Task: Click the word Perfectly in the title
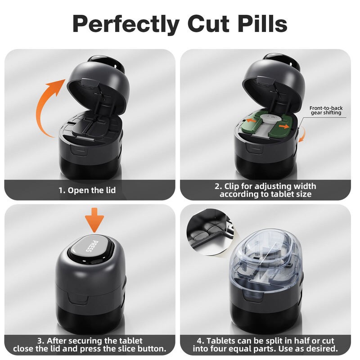tap(126, 24)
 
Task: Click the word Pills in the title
tap(262, 23)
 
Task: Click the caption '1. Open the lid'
tap(87, 190)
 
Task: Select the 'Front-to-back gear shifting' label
tap(326, 110)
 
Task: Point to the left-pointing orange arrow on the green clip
tap(252, 121)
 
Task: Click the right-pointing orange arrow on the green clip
tap(284, 126)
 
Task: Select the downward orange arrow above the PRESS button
tap(94, 220)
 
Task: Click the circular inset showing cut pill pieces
tap(210, 231)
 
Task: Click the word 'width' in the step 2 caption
tap(305, 186)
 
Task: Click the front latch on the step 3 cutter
tap(77, 299)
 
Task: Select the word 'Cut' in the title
tap(208, 24)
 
